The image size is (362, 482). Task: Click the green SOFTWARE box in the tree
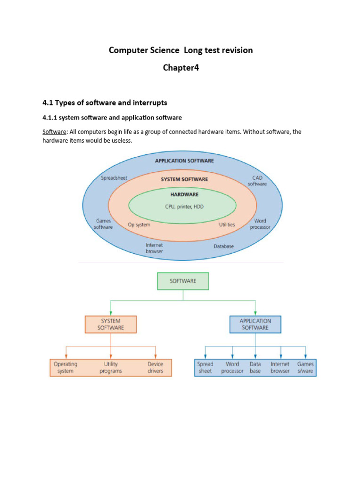182,281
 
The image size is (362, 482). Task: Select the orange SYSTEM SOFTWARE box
110,324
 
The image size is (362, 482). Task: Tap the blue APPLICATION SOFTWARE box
255,324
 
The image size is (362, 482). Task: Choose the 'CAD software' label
257,181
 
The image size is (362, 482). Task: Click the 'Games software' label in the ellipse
104,224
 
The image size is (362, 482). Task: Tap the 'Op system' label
139,225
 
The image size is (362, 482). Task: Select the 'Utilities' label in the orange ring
227,225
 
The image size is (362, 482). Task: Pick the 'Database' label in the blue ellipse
223,246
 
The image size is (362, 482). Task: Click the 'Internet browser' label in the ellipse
154,248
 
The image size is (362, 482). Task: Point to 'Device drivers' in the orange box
155,368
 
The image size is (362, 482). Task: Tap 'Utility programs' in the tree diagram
111,368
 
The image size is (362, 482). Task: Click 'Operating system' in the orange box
66,368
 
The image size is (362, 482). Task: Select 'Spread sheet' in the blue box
206,368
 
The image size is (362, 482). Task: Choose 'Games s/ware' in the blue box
305,368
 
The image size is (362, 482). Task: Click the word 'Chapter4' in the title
181,68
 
